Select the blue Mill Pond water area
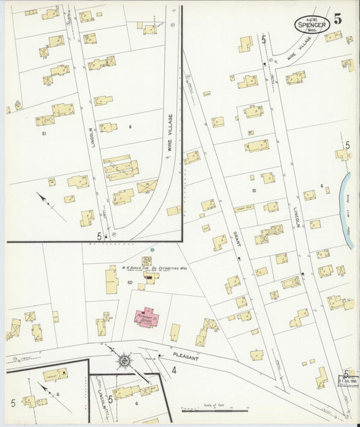click(348, 209)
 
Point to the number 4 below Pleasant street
click(174, 370)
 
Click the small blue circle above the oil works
click(153, 251)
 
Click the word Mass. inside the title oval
click(312, 30)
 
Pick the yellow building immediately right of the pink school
click(175, 332)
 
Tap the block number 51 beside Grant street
click(254, 191)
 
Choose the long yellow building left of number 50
click(111, 280)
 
